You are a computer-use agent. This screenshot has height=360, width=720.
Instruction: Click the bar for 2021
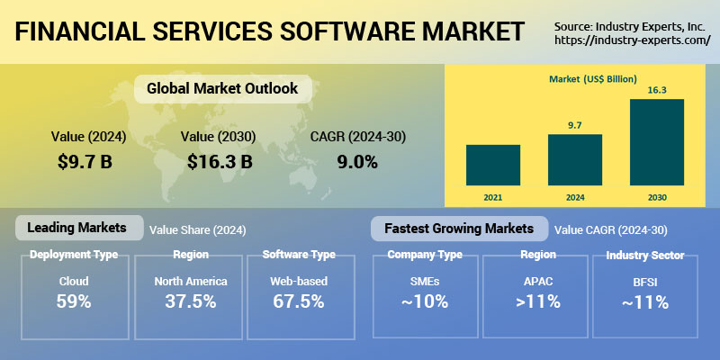[x=492, y=164]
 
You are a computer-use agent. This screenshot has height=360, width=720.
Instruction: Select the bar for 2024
[x=574, y=159]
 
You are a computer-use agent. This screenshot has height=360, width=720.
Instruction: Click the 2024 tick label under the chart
[x=574, y=194]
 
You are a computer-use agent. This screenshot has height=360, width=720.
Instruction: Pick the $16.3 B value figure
[x=220, y=162]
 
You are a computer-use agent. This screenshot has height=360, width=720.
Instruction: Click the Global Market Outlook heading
[x=222, y=89]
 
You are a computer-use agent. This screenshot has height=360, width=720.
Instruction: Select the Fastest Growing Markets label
[x=459, y=229]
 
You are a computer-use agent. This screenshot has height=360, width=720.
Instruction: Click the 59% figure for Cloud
[x=74, y=301]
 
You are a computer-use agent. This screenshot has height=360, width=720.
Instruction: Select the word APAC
[x=537, y=281]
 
